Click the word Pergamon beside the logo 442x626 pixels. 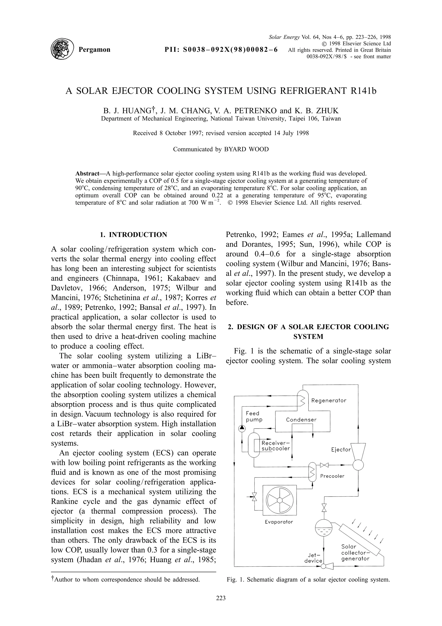coord(94,50)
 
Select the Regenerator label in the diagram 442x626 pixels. coord(329,400)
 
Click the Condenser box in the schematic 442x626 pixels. coord(301,420)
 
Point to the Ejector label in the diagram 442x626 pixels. coord(341,450)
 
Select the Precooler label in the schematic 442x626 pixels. coord(332,476)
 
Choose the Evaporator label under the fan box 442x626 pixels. coord(279,522)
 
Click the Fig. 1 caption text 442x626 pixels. coord(308,580)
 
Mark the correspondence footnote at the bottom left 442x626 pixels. coord(126,580)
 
